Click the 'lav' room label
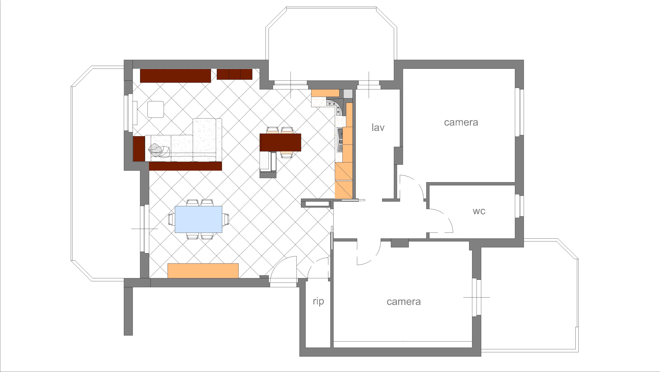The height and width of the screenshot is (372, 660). (x=378, y=128)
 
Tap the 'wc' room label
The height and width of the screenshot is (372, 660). (x=479, y=211)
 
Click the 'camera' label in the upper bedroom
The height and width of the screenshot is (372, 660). (x=461, y=122)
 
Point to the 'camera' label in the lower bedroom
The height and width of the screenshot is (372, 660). (x=404, y=302)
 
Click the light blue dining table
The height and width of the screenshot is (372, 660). (x=198, y=219)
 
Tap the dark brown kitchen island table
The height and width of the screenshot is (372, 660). (x=280, y=142)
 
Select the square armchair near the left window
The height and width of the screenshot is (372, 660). (x=156, y=109)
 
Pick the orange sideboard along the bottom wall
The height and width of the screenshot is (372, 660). (x=203, y=270)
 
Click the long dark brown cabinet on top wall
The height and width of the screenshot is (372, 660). (x=175, y=76)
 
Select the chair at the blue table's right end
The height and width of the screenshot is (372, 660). (x=226, y=219)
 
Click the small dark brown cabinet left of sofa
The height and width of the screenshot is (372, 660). (x=139, y=149)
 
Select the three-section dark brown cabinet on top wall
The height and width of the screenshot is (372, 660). (x=234, y=74)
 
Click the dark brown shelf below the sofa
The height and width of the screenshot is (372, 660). (x=185, y=166)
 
